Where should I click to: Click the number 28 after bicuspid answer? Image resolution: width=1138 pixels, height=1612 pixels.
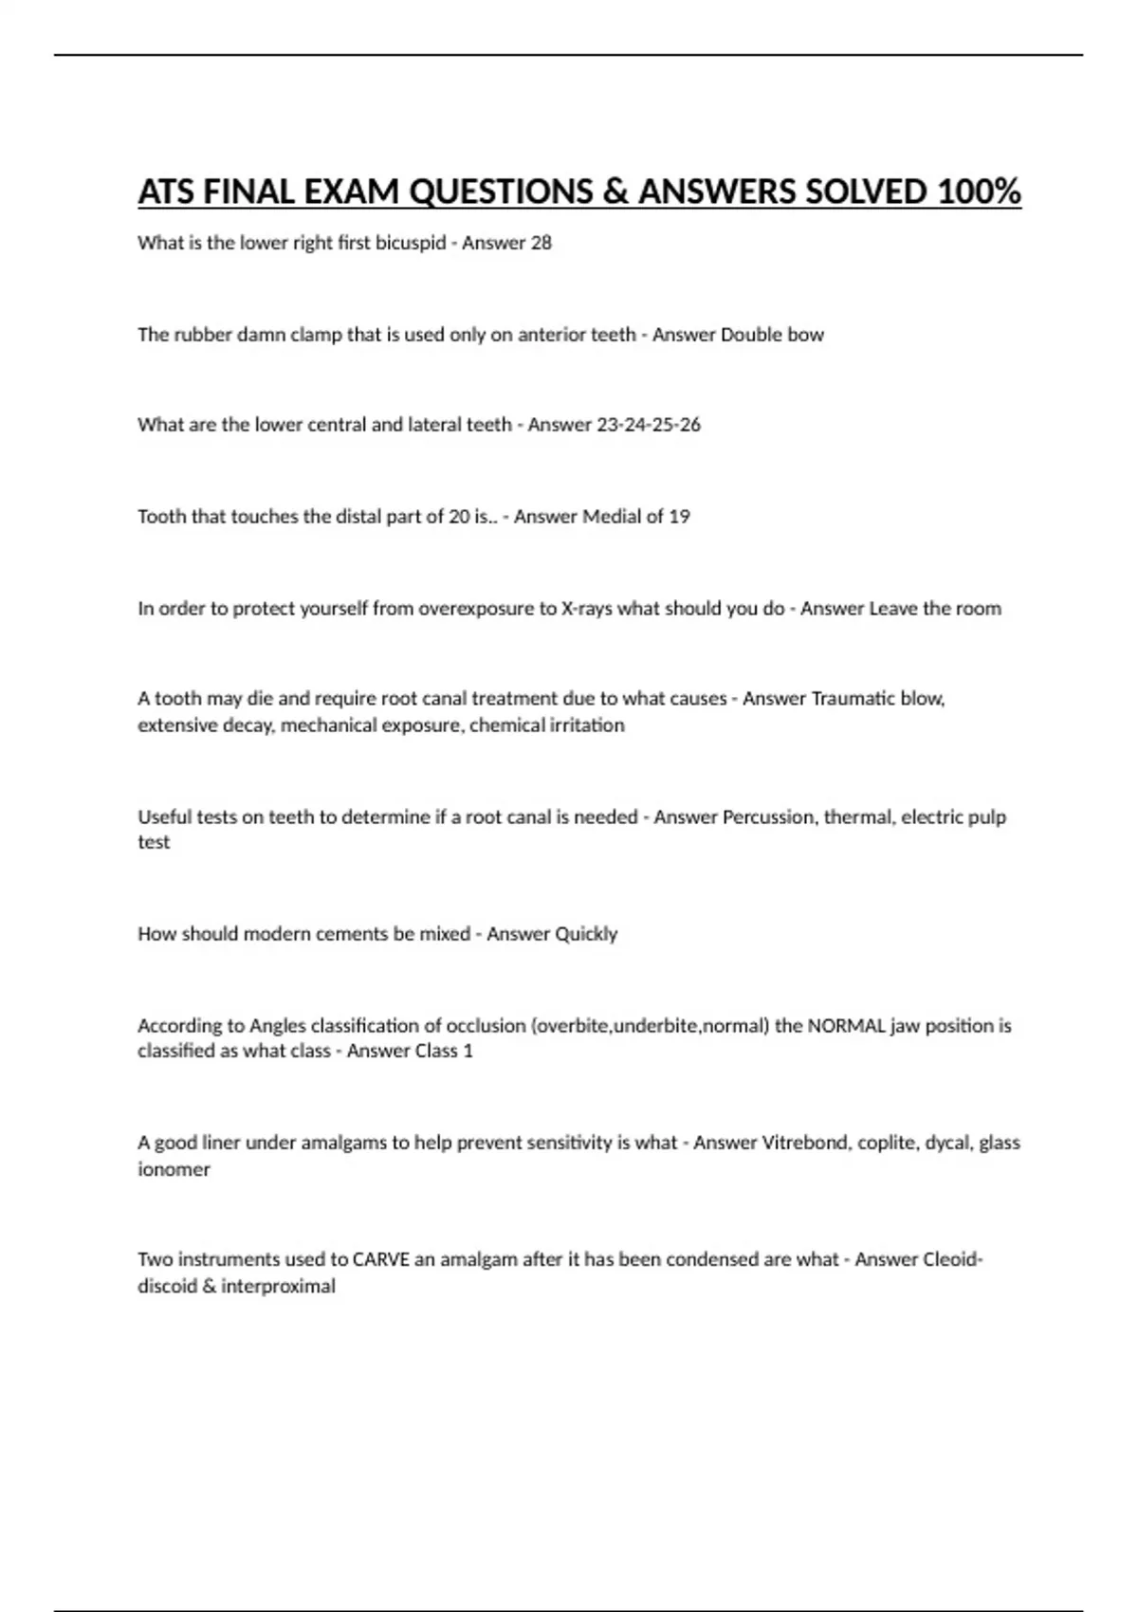(x=541, y=243)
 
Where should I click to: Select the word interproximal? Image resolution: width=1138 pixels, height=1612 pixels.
(x=278, y=1287)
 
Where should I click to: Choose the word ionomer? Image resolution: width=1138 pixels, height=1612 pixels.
(x=174, y=1169)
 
